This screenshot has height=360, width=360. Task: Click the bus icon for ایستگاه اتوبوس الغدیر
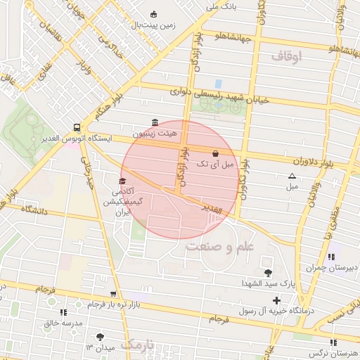click(x=75, y=127)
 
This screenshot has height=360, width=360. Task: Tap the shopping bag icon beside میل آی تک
click(x=214, y=153)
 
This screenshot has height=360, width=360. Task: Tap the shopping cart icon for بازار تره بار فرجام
click(x=112, y=295)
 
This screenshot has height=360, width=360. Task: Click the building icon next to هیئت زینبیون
click(x=155, y=122)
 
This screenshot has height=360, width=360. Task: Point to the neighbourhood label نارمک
click(x=136, y=344)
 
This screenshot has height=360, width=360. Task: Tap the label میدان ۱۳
click(x=100, y=347)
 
